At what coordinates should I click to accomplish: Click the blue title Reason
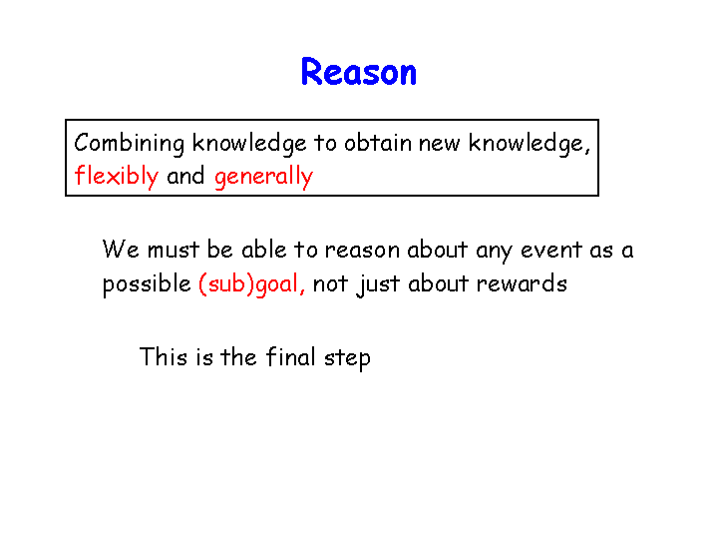[x=359, y=72]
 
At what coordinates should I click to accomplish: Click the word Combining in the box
[x=129, y=144]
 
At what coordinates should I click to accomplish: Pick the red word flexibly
[x=116, y=177]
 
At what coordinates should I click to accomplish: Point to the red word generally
[x=263, y=177]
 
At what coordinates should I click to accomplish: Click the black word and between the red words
[x=185, y=176]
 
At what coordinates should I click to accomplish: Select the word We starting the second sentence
[x=121, y=250]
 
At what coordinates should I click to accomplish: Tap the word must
[x=174, y=251]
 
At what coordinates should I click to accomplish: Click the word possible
[x=147, y=284]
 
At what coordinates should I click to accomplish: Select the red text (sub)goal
[x=251, y=284]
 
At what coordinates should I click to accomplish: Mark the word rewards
[x=522, y=283]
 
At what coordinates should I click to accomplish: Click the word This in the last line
[x=164, y=356]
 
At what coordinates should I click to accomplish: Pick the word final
[x=291, y=356]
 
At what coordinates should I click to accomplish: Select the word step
[x=347, y=358]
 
